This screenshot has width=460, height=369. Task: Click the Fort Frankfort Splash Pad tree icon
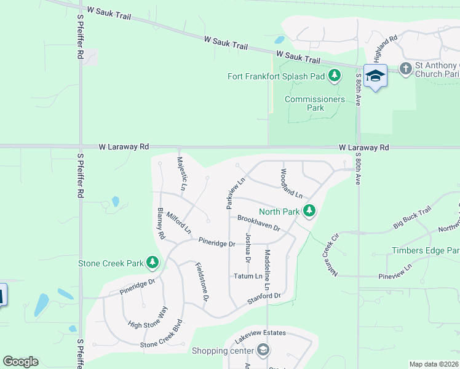pyautogui.click(x=335, y=76)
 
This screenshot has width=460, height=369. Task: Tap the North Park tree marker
pyautogui.click(x=309, y=212)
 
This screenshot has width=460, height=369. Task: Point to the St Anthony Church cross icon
pyautogui.click(x=405, y=68)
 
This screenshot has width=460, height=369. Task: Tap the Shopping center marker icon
pyautogui.click(x=263, y=351)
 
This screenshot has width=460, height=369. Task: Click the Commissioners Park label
pyautogui.click(x=306, y=103)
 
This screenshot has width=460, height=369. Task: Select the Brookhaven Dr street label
pyautogui.click(x=259, y=223)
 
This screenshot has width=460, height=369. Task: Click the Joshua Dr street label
pyautogui.click(x=248, y=248)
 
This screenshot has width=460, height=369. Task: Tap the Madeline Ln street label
pyautogui.click(x=267, y=270)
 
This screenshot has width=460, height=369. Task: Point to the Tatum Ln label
pyautogui.click(x=248, y=277)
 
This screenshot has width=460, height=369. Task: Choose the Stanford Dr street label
pyautogui.click(x=264, y=298)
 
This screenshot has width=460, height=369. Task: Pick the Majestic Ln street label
pyautogui.click(x=181, y=173)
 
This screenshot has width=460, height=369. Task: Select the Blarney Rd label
pyautogui.click(x=161, y=223)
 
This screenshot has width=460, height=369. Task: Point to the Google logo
pyautogui.click(x=20, y=362)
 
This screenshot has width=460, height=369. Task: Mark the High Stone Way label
pyautogui.click(x=147, y=320)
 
